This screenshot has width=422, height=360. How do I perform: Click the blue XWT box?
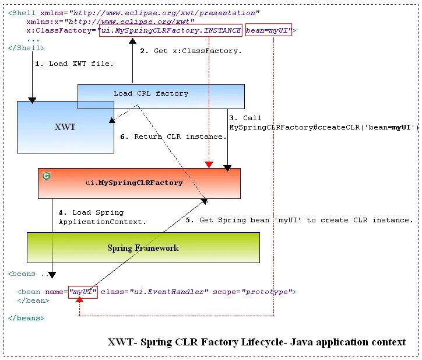click(x=65, y=127)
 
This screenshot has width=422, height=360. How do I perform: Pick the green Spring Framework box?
click(x=143, y=248)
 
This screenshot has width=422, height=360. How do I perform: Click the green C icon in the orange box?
click(x=47, y=176)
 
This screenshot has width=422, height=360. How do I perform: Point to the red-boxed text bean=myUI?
click(x=268, y=31)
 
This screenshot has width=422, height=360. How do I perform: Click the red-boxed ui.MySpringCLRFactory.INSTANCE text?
click(x=171, y=31)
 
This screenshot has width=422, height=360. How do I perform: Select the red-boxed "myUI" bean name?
click(x=83, y=291)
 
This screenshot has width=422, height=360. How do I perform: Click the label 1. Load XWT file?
click(x=74, y=64)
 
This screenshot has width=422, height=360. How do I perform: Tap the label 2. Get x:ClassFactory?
click(x=191, y=51)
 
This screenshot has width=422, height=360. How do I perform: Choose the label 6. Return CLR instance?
click(x=173, y=137)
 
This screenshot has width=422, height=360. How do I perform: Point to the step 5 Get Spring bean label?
click(x=299, y=220)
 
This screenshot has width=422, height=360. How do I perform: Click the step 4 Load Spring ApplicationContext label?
click(x=102, y=217)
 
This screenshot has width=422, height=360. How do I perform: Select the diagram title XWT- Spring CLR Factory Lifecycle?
click(x=256, y=342)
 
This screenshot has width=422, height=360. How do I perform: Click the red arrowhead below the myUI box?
click(x=79, y=300)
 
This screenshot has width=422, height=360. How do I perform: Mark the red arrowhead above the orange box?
click(x=209, y=165)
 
